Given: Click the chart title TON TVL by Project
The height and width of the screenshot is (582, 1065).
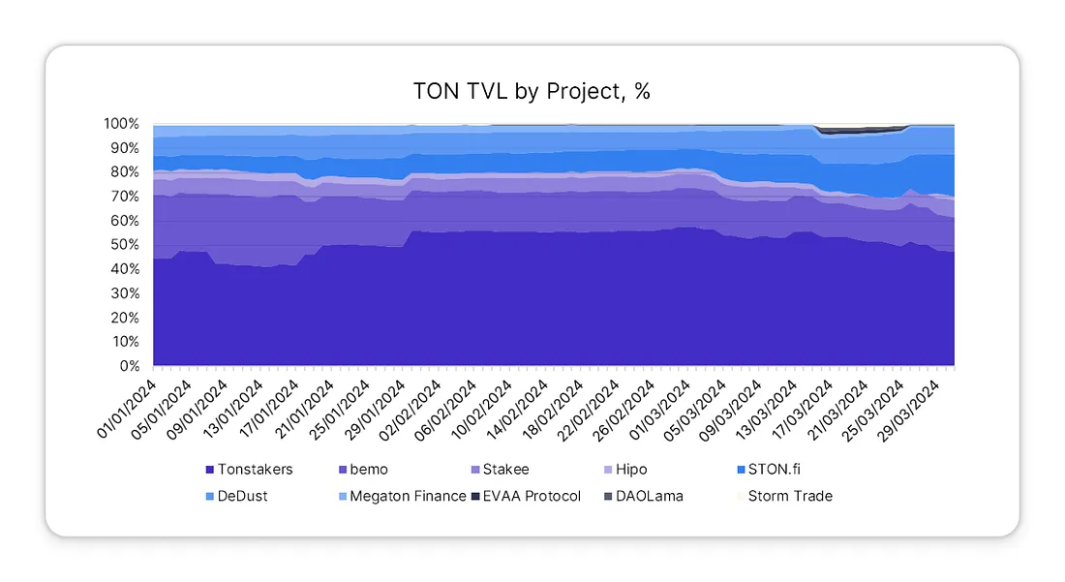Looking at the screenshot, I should pos(532,92).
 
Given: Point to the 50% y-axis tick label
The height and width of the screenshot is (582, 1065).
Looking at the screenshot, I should pos(125,245).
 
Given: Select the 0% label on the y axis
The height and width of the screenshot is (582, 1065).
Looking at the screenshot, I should pos(129,366).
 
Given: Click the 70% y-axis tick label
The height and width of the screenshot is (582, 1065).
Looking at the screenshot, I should pos(125,197).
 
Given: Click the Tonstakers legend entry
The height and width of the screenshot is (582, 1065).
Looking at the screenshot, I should pos(255,470).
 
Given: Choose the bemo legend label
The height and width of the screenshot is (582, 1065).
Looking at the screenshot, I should pos(368,470).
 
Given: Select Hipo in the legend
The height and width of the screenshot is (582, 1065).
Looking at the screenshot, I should pos(628,470).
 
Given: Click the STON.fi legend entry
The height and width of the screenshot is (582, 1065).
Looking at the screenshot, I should pos(774,470).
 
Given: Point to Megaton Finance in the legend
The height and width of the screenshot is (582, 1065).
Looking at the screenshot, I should pos(407,496).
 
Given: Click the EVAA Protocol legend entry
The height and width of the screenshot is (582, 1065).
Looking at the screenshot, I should pos(532,496).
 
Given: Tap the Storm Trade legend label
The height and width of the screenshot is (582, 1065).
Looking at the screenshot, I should pos(789,496).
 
